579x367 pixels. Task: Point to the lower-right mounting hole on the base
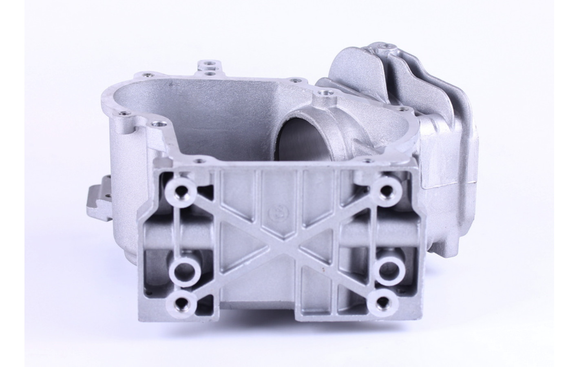pyautogui.click(x=384, y=302)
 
